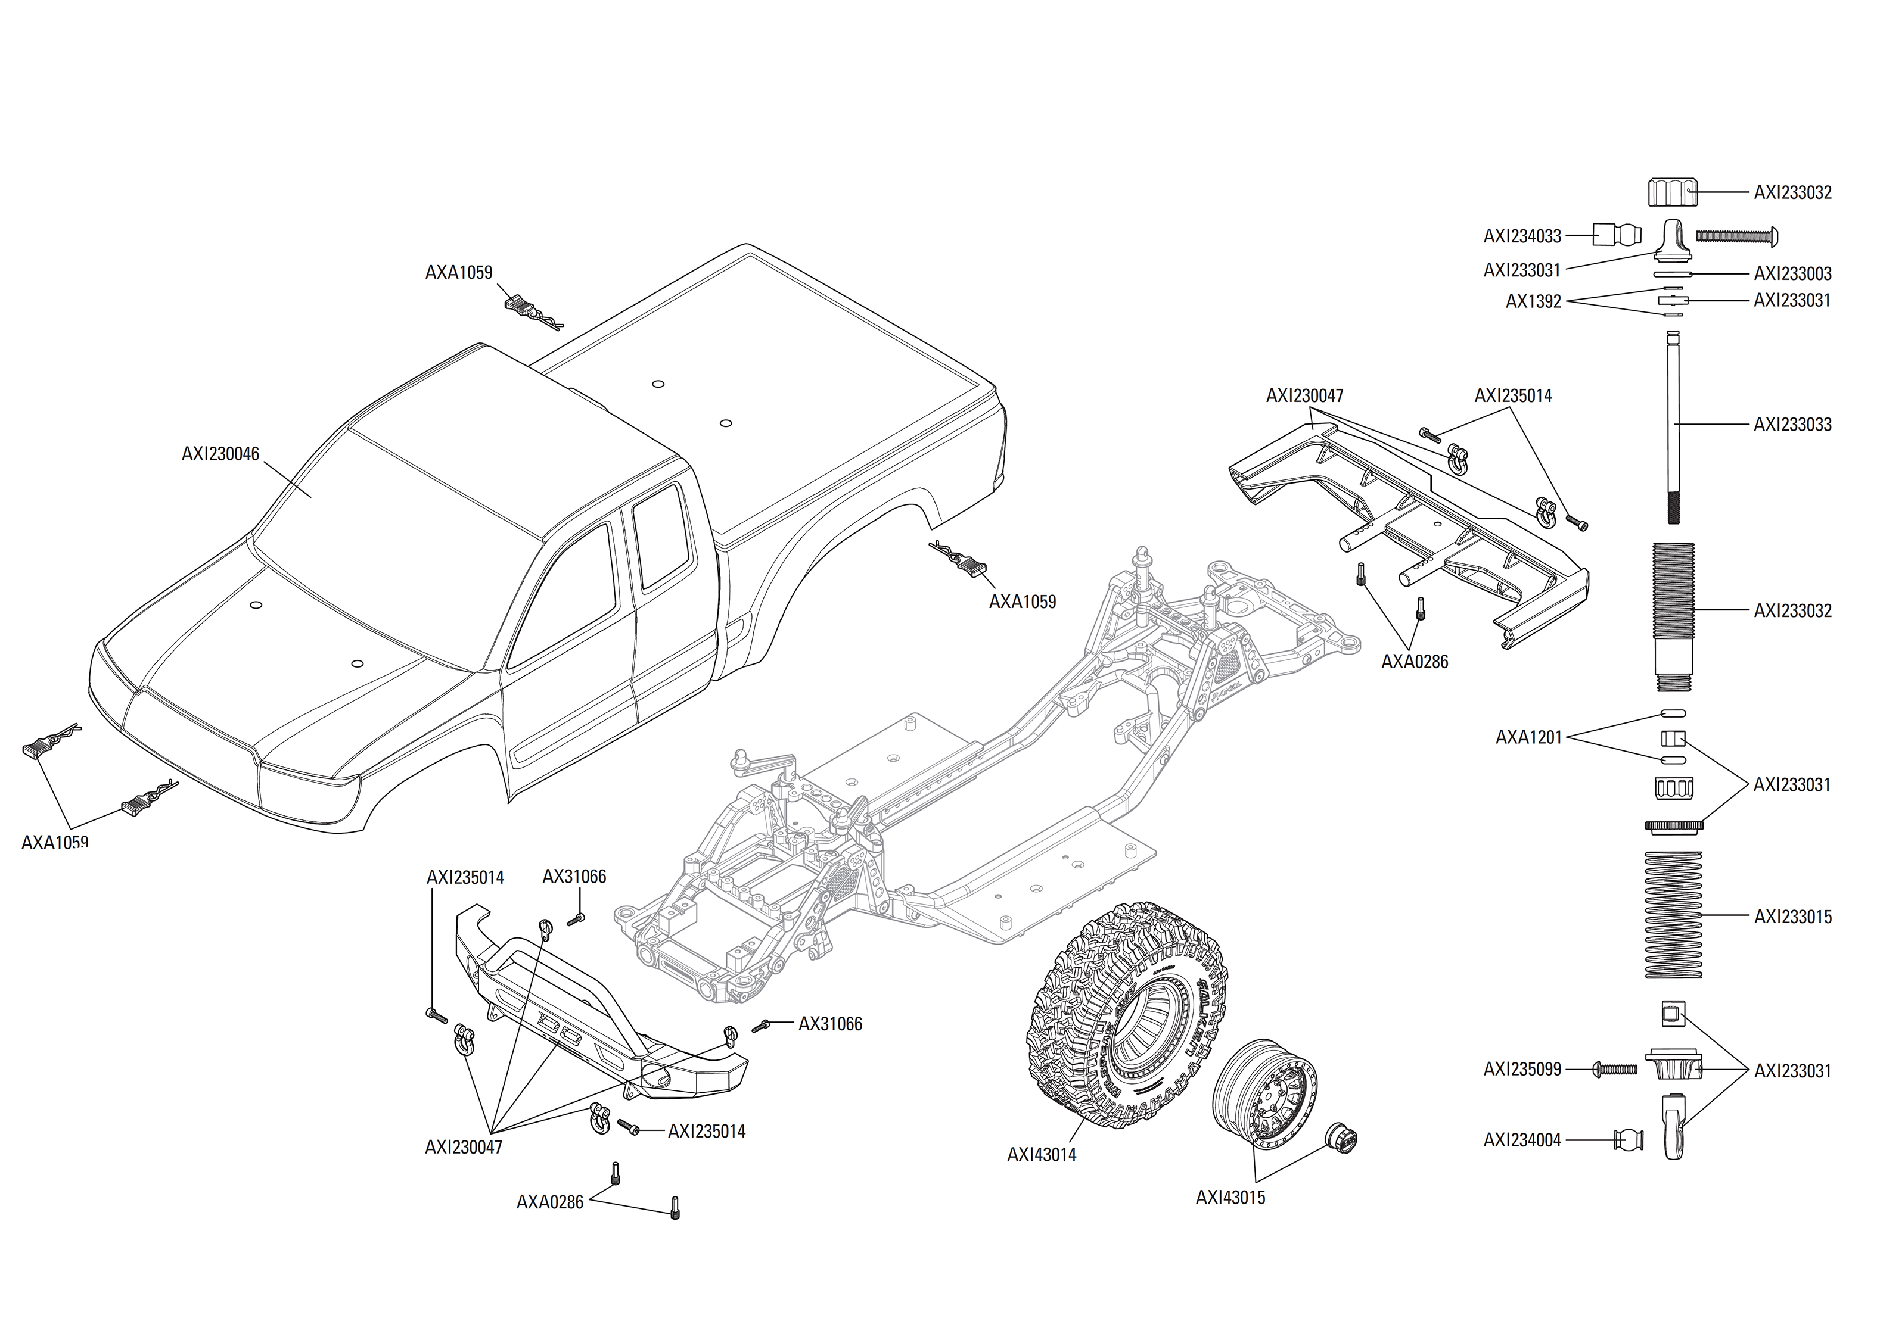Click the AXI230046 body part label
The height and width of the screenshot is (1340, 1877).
click(x=220, y=454)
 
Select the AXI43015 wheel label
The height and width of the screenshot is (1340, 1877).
click(x=1230, y=1197)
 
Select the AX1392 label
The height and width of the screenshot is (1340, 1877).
click(x=1533, y=302)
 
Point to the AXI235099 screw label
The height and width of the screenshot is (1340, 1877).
click(x=1522, y=1070)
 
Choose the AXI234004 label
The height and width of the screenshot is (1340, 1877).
click(x=1522, y=1140)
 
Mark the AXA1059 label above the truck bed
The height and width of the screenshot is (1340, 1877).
click(x=459, y=272)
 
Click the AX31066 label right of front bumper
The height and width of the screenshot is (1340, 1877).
click(x=829, y=1024)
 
